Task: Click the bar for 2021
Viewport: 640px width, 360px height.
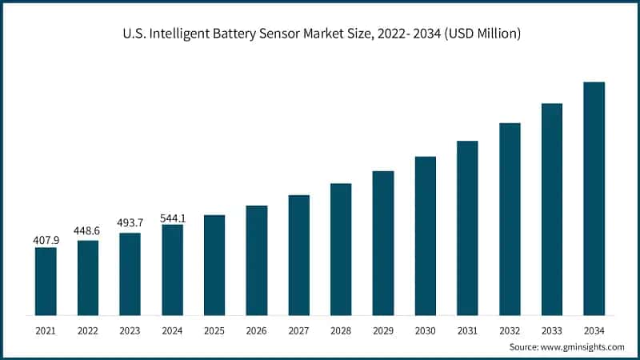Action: [46, 281]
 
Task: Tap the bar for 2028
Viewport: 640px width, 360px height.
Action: [341, 249]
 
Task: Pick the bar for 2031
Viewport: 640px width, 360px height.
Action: [467, 227]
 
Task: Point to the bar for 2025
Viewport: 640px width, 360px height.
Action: [214, 265]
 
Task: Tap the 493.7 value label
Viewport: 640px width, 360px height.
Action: [130, 223]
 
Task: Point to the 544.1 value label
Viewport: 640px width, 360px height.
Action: [172, 214]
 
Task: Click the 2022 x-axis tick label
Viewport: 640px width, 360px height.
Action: [88, 330]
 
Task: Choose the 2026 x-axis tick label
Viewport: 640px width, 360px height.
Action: [257, 330]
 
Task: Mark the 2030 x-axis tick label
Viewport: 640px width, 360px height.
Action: [425, 330]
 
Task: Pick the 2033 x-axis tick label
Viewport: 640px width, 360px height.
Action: [551, 330]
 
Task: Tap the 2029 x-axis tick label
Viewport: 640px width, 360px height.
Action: [383, 330]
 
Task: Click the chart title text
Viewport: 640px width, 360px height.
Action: [320, 34]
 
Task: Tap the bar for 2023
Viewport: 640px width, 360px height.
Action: [130, 274]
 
